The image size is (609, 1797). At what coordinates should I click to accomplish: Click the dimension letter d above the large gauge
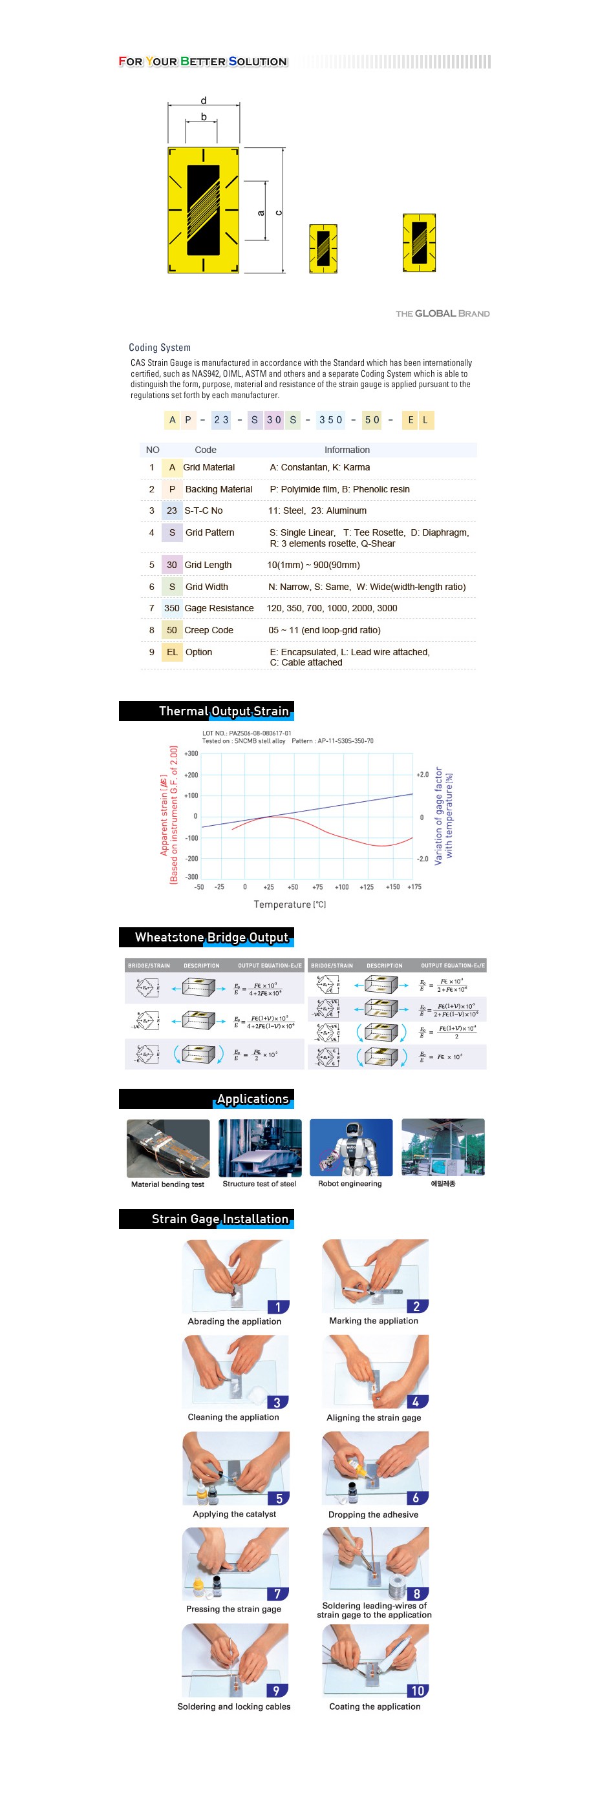(203, 100)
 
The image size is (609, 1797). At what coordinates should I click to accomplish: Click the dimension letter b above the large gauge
(204, 117)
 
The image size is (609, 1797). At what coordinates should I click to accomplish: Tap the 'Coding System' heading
(159, 348)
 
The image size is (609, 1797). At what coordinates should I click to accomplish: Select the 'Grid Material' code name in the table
(209, 467)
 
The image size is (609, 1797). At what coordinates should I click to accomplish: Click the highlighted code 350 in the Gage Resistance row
(171, 608)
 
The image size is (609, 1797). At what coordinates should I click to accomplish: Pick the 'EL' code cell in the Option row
(171, 652)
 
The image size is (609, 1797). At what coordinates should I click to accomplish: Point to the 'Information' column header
(347, 450)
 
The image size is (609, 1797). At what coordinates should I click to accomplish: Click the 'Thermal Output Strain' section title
(223, 711)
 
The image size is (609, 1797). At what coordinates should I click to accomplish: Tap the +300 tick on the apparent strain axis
(191, 753)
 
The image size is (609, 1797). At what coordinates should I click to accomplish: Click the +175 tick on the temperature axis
(414, 887)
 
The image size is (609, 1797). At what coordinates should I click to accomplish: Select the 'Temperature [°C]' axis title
(290, 905)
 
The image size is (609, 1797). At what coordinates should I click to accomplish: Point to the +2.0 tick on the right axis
(423, 774)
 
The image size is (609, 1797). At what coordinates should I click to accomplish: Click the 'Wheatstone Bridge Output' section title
(211, 937)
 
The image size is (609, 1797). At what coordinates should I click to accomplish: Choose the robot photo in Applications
(351, 1148)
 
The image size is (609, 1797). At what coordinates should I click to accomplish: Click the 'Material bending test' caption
(167, 1184)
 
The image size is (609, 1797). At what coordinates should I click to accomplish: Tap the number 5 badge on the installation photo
(279, 1498)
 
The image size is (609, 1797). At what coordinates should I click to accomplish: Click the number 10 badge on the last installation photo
(417, 1690)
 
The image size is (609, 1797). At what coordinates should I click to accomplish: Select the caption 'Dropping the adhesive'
(373, 1515)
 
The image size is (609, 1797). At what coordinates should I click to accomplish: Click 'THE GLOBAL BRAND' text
(442, 314)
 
